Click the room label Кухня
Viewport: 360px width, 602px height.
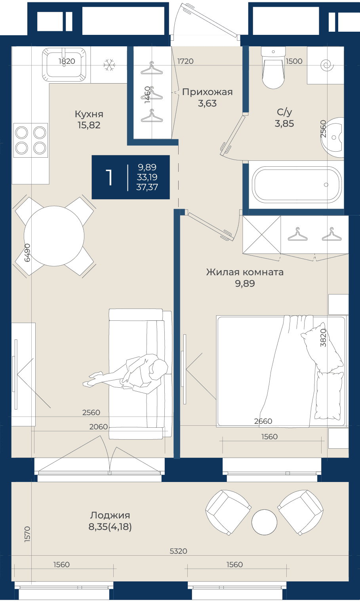(x=89, y=114)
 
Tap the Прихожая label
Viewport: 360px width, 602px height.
(x=208, y=92)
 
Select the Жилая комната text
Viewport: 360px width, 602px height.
(x=245, y=272)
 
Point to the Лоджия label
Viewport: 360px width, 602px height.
(x=110, y=515)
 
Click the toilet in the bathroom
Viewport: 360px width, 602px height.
(x=273, y=68)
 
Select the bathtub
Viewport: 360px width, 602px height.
(x=297, y=185)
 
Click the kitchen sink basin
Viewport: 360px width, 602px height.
(x=64, y=65)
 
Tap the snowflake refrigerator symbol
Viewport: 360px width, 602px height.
(x=109, y=65)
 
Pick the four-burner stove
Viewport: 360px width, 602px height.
(x=30, y=140)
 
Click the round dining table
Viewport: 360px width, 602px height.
(x=54, y=236)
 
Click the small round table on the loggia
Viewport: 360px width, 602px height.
(x=264, y=522)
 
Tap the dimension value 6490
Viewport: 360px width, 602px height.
(x=27, y=253)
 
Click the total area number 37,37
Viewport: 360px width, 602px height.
(x=147, y=187)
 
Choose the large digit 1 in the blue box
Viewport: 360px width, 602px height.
(x=109, y=177)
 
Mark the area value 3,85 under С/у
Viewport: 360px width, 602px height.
(x=284, y=124)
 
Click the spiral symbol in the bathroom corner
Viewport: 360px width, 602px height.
(x=327, y=65)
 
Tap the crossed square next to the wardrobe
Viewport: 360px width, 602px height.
(x=262, y=234)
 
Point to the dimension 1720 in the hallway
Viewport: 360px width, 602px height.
(x=185, y=61)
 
